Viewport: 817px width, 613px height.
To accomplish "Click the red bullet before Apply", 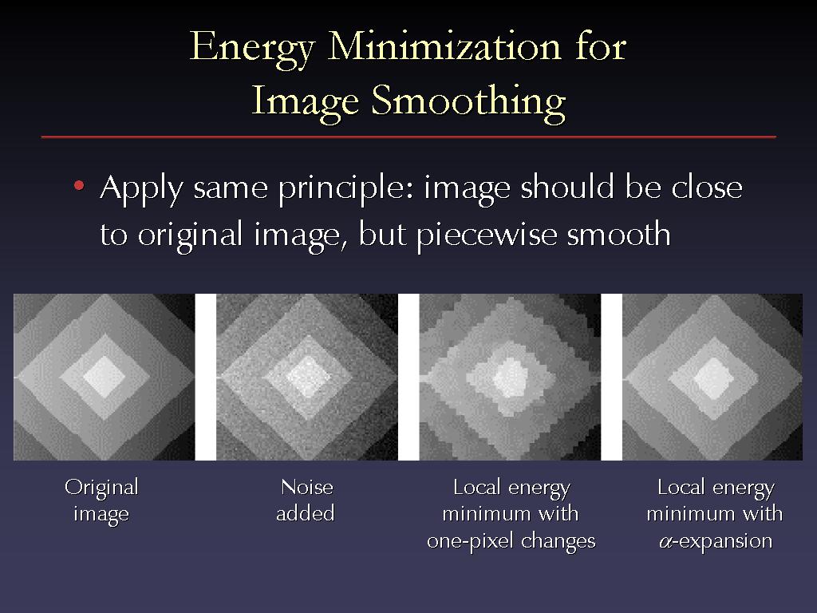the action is [79, 185].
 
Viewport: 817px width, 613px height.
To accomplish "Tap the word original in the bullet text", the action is [190, 235].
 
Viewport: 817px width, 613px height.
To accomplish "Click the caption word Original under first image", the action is [101, 488].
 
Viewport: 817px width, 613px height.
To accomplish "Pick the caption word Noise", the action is [307, 487].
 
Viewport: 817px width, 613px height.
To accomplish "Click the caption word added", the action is [306, 513].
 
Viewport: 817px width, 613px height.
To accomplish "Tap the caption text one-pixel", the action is [469, 542].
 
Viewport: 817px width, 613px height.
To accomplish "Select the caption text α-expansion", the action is [716, 542].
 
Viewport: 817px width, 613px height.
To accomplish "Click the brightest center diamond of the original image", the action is [105, 377].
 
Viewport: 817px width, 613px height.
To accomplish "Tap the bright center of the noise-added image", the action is [307, 377].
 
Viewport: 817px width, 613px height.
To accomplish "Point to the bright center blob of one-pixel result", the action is [511, 378].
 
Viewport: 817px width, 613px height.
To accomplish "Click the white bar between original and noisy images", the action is [205, 377].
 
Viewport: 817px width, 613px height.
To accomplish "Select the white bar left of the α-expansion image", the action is [612, 377].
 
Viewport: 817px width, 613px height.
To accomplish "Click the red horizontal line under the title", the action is [408, 136].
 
